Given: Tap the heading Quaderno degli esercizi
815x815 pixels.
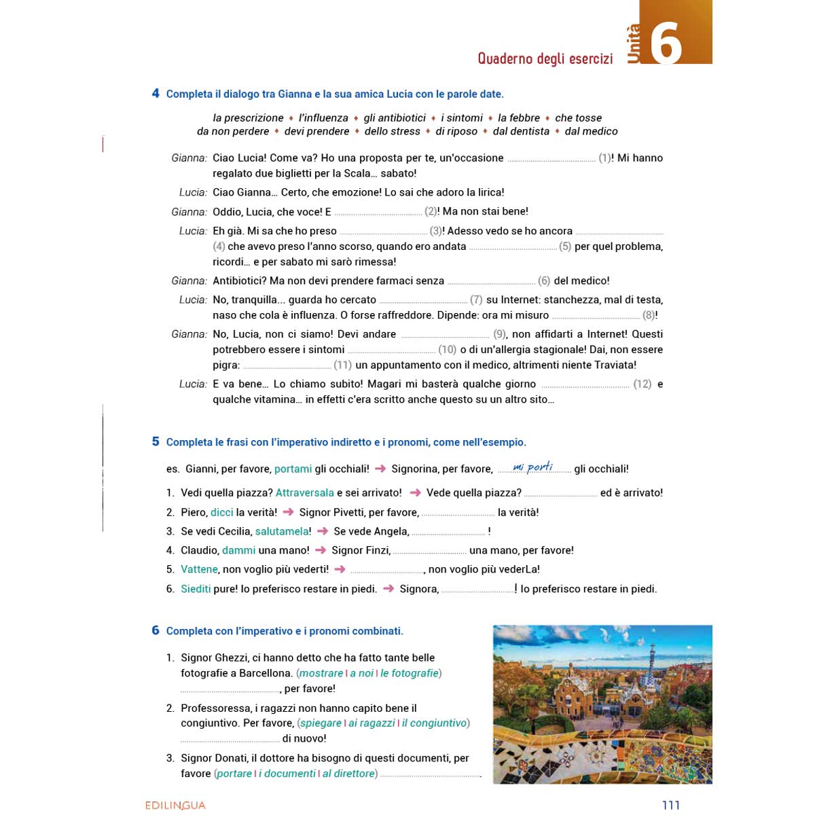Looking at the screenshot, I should [x=545, y=58].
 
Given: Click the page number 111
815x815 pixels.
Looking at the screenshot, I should [x=670, y=805].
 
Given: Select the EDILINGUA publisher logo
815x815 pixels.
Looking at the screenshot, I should [x=175, y=805].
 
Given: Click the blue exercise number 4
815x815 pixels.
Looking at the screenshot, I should [x=156, y=94].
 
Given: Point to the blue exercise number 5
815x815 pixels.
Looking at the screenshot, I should [x=156, y=441].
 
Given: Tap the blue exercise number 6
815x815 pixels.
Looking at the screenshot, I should [x=156, y=630].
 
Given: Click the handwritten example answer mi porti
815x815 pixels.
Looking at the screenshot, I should [x=533, y=467].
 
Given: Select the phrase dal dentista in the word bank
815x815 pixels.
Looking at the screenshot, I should [x=521, y=131].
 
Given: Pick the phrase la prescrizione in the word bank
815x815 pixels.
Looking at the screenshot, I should [x=248, y=117].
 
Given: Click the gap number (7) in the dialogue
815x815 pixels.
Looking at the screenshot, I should [x=476, y=300].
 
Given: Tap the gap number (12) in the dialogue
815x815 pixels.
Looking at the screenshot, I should [x=642, y=384].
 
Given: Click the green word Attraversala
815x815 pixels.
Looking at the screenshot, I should [x=304, y=492].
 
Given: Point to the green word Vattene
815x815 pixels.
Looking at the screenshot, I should [x=199, y=569].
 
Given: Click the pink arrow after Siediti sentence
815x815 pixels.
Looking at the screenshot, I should [x=388, y=588].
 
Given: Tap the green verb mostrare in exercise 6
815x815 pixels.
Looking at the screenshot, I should [x=321, y=673].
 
